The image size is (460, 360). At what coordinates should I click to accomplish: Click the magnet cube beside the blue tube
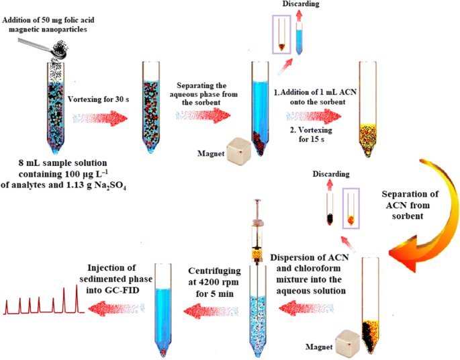[239, 151]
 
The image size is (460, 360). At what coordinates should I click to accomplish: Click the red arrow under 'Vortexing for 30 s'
[100, 118]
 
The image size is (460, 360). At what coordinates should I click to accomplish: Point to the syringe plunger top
[258, 201]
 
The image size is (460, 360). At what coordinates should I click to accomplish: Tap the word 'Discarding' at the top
[300, 4]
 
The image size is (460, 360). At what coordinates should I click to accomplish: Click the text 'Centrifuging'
[214, 271]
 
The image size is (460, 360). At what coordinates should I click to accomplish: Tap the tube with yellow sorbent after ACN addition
[367, 109]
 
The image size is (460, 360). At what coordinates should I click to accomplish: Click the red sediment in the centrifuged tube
[163, 351]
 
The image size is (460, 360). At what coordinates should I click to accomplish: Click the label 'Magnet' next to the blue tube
[211, 153]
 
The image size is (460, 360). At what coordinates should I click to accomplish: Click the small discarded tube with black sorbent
[330, 209]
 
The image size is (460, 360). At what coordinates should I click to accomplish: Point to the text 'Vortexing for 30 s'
[99, 99]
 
